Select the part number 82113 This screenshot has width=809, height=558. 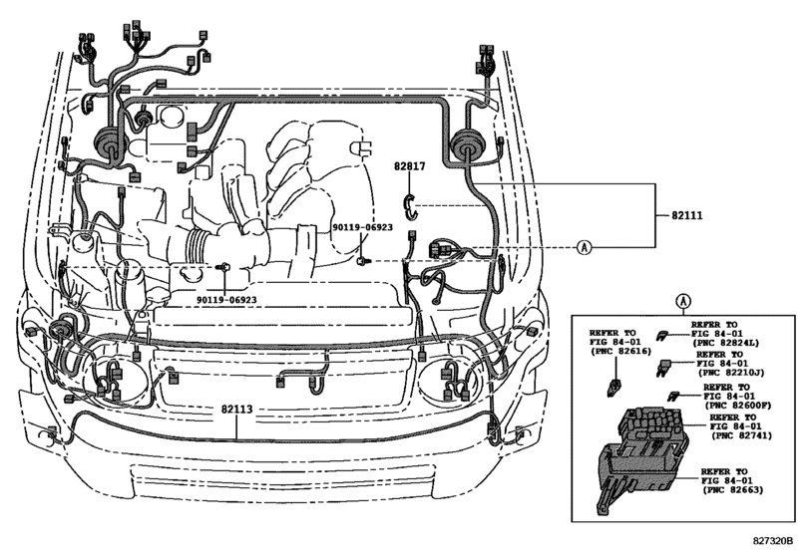[x=236, y=409]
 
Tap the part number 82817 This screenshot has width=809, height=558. [x=408, y=169]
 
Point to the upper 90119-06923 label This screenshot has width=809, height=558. [x=362, y=227]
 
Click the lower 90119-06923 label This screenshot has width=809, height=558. [x=226, y=299]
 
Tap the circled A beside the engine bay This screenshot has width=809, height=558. [x=584, y=248]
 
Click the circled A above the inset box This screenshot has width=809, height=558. [x=683, y=299]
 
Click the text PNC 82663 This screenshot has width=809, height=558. [x=737, y=491]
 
